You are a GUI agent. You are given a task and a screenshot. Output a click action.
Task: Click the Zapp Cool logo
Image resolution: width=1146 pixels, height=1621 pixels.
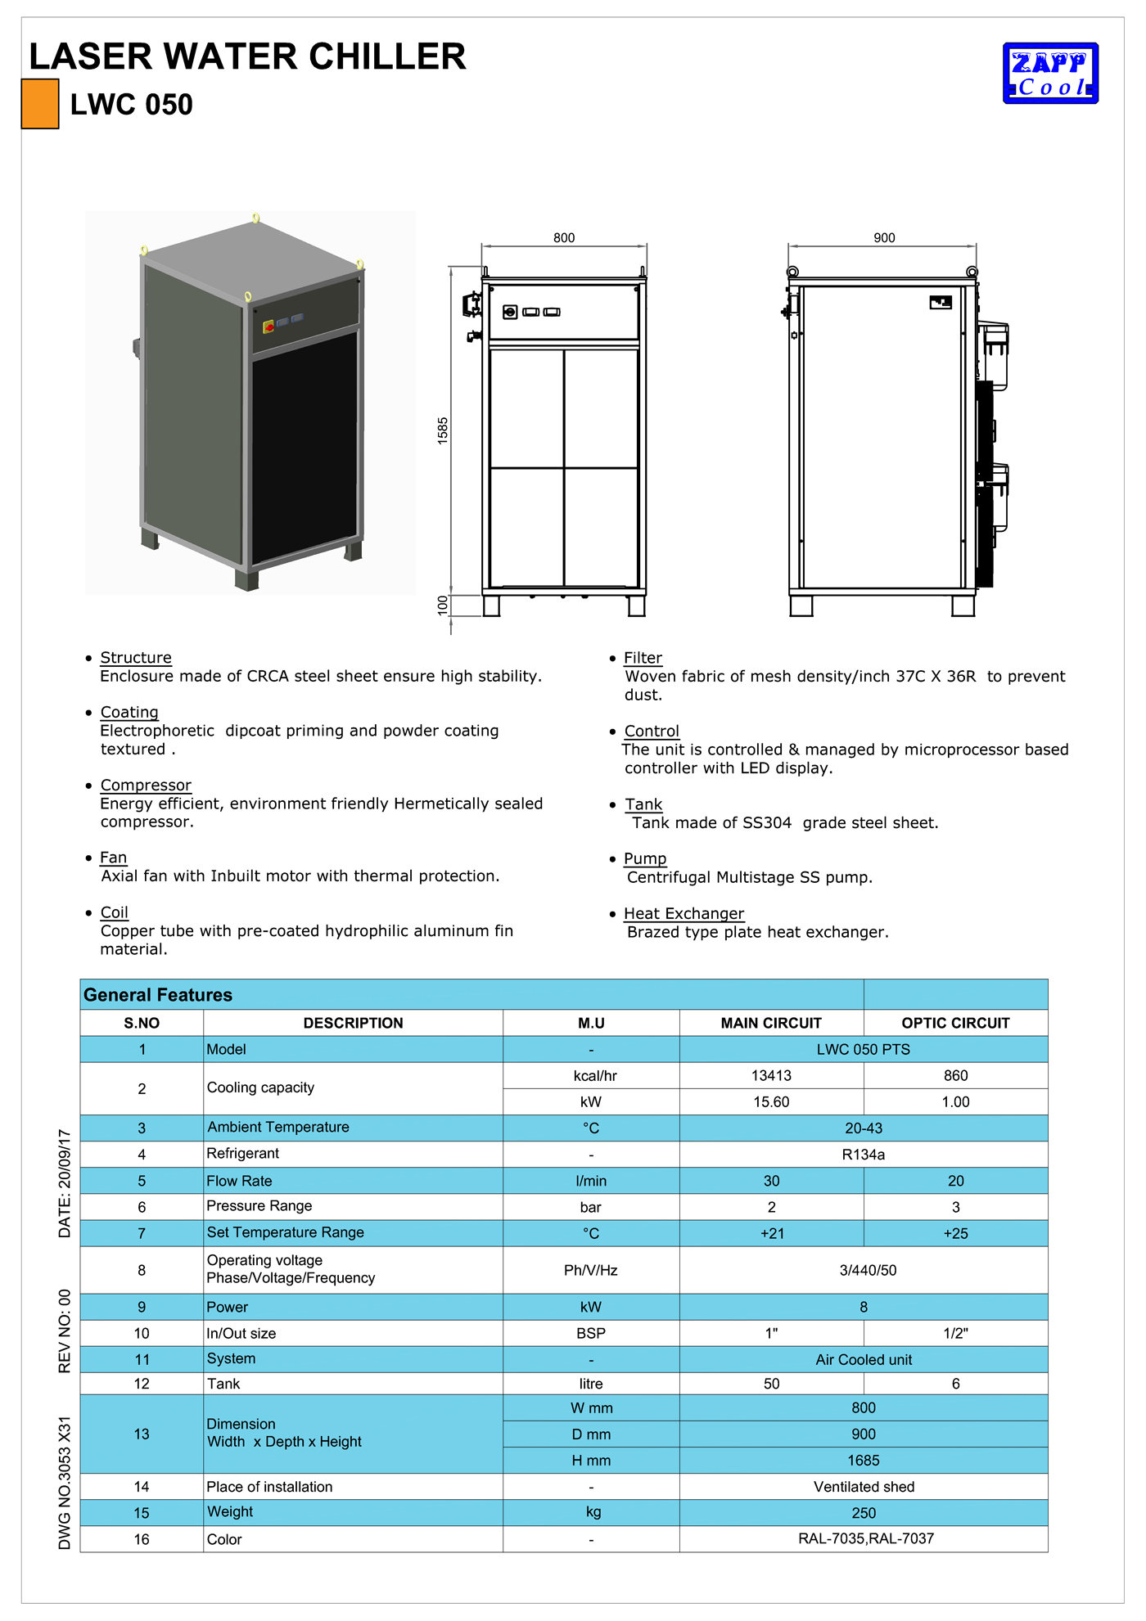tap(1050, 74)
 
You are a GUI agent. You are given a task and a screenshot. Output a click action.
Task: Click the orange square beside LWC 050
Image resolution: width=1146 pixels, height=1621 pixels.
tap(39, 104)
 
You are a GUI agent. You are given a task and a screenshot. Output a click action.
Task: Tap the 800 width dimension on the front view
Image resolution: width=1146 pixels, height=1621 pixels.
tap(564, 238)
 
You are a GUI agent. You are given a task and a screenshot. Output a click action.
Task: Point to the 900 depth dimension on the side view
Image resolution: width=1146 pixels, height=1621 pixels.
tap(884, 238)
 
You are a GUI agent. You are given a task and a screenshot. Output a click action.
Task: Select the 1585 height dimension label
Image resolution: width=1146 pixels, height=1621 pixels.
tap(443, 430)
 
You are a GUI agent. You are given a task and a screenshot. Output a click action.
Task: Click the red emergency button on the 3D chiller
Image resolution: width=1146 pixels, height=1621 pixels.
tap(268, 327)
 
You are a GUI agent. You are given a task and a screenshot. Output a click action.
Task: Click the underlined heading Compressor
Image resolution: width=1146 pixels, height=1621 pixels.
tap(146, 786)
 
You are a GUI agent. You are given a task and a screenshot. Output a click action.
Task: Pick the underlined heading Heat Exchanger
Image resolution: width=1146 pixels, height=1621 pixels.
tap(684, 914)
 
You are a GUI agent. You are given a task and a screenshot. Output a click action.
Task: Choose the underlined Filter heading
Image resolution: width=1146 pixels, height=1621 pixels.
tap(643, 658)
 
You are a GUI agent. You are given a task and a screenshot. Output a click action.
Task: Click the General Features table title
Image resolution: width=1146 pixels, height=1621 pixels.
tap(158, 995)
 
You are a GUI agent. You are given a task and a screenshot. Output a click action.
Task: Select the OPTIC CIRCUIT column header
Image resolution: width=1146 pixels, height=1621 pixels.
tap(955, 1023)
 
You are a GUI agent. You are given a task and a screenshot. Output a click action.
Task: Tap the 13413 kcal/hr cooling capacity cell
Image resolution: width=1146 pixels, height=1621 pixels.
tap(771, 1075)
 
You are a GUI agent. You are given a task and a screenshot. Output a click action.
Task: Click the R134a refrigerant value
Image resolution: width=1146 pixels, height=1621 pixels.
tap(863, 1155)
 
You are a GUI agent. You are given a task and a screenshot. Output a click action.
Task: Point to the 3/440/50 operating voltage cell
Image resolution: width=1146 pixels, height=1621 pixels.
tap(868, 1270)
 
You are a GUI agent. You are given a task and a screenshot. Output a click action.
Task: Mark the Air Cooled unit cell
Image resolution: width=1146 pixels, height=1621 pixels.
tap(863, 1359)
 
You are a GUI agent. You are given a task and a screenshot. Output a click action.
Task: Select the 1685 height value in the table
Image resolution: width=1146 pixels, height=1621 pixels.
tap(863, 1461)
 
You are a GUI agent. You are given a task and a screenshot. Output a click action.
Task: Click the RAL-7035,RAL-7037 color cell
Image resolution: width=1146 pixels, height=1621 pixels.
tap(865, 1538)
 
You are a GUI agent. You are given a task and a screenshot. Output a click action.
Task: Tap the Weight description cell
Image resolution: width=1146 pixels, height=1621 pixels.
tap(230, 1512)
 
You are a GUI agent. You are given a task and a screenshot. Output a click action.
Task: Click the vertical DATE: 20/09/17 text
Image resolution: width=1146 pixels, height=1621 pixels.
tap(65, 1183)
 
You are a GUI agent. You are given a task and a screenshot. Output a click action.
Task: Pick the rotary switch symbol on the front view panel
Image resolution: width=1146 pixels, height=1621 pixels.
tap(510, 312)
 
